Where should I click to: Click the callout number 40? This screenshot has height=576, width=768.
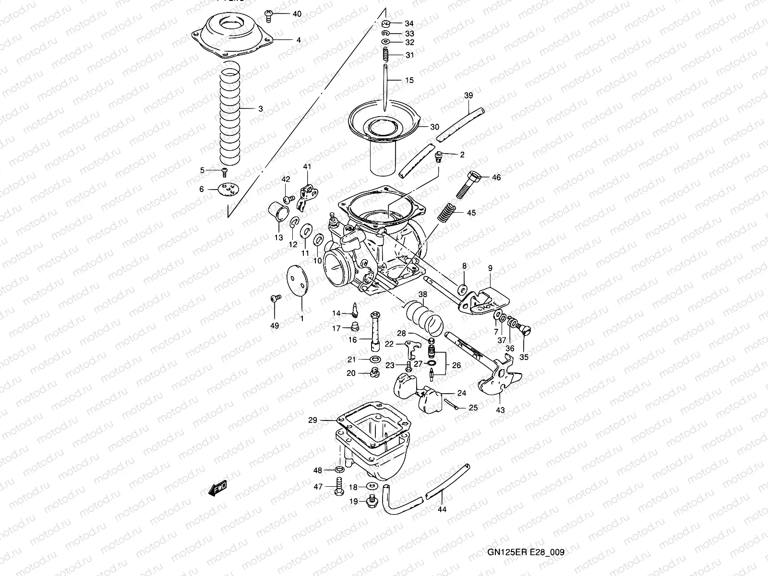[x=297, y=14]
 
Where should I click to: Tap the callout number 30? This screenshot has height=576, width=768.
[x=434, y=127]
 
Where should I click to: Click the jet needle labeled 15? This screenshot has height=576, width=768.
[x=385, y=91]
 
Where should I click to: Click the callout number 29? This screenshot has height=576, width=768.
[x=312, y=420]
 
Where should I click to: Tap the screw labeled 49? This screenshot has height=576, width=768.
[x=275, y=299]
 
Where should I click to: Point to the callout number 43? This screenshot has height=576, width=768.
[x=500, y=410]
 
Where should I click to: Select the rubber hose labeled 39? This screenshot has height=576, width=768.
[x=460, y=123]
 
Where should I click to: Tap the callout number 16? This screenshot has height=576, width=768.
[x=353, y=340]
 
